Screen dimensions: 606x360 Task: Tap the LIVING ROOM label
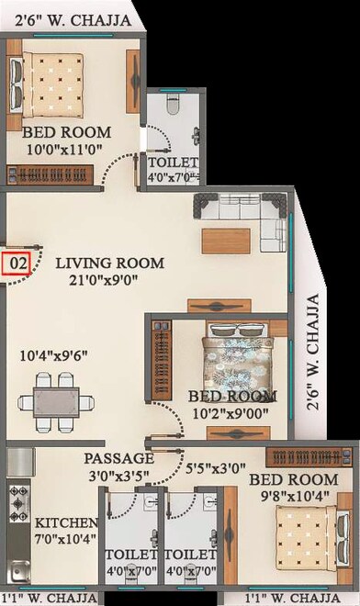(x=109, y=264)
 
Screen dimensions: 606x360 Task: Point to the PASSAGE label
(x=118, y=458)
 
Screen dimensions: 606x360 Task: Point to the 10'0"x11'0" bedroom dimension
(x=57, y=150)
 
